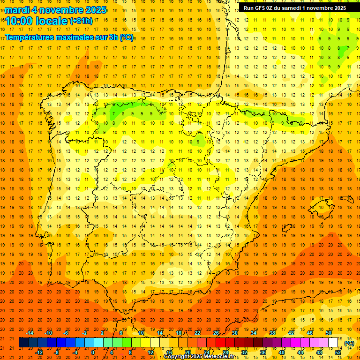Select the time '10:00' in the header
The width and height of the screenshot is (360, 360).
point(19,21)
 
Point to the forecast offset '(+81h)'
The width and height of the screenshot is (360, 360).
point(81,21)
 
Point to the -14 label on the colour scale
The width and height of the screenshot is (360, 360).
point(30,333)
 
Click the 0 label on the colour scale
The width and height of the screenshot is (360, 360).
point(93,352)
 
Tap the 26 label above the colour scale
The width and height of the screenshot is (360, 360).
point(216,333)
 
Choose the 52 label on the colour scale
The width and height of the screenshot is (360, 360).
point(338,352)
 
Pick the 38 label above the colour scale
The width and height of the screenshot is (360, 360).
point(272,333)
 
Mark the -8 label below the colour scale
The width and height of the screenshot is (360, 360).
point(57,352)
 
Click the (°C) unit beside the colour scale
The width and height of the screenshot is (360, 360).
point(349,343)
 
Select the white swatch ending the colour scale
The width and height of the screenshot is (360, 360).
point(333,343)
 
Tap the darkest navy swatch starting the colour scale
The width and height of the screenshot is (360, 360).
point(23,343)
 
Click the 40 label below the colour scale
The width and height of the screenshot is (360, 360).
point(282,352)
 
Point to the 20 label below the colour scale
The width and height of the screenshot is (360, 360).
point(188,352)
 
